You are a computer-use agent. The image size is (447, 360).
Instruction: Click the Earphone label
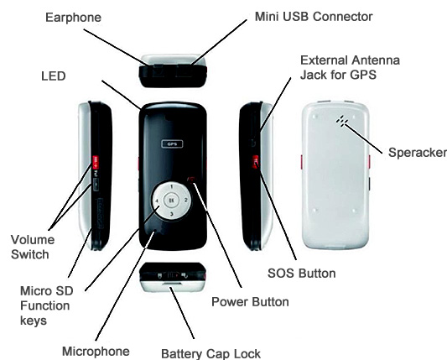point(73,18)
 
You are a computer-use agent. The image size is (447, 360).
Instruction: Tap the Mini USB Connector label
point(314,17)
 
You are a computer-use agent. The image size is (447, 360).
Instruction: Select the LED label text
point(54,76)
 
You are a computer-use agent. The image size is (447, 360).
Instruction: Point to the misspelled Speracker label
point(418,153)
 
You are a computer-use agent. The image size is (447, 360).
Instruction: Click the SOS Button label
point(302,274)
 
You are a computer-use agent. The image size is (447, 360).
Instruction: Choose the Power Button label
point(250,302)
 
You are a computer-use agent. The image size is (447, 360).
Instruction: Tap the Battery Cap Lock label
point(211,354)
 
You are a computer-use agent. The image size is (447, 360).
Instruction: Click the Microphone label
point(96,352)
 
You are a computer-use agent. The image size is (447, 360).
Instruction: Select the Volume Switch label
point(33,247)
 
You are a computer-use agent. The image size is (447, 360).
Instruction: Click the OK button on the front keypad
point(171,201)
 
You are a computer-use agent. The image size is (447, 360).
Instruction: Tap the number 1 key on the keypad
point(172,187)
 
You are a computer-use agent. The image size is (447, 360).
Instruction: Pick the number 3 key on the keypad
point(172,214)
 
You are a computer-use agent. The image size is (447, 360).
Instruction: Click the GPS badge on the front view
point(172,144)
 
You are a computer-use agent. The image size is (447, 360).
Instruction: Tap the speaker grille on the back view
point(342,121)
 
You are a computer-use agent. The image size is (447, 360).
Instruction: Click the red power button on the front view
point(191,180)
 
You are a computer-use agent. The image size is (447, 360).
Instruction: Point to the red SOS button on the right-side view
point(256,162)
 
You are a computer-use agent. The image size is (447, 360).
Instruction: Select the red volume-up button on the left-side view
point(95,159)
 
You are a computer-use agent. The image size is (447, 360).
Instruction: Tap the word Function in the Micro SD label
point(45,305)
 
